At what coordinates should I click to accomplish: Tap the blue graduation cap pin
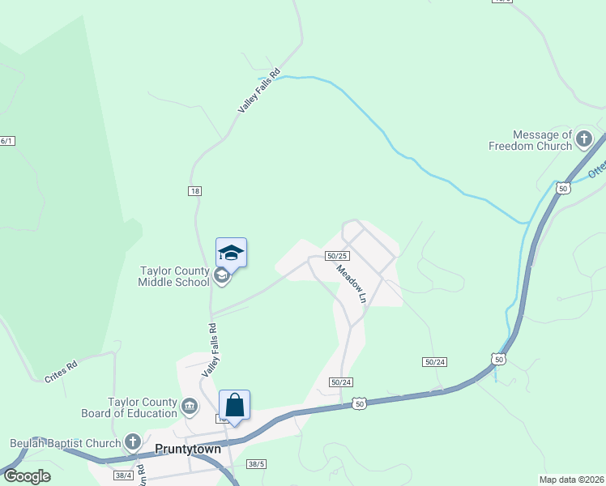coord(231,253)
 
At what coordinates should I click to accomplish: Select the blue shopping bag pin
coord(234,405)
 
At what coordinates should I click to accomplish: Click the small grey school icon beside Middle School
coord(220,276)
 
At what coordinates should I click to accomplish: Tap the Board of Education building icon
coord(189,405)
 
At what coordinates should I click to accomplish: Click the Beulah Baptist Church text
coord(65,443)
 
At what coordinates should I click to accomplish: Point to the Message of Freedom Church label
coord(531,140)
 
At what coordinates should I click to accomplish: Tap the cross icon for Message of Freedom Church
coord(584,140)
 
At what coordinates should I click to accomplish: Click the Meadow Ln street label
coord(352,284)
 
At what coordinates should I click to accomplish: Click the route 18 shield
coord(194,190)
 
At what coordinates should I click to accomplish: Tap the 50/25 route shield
coord(337,255)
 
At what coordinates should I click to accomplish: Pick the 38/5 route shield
coord(256,464)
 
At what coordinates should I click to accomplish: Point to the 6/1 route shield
coord(6,141)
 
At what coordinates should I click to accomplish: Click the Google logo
coord(26,476)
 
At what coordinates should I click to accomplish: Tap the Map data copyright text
coord(571,480)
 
